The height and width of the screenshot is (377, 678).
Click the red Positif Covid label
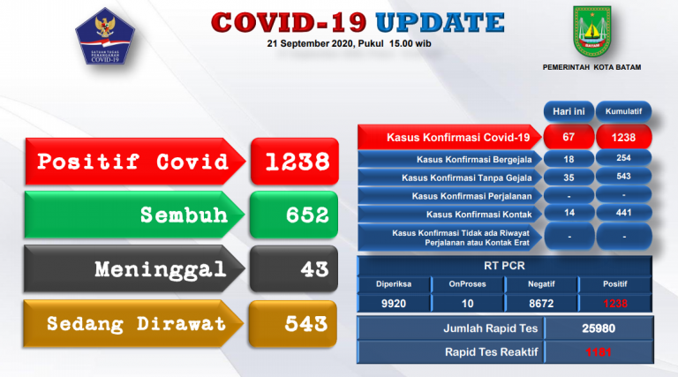(x=132, y=162)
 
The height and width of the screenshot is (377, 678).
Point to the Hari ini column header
(x=568, y=112)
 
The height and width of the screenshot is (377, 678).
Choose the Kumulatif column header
(x=624, y=112)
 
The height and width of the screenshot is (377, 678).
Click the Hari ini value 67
(x=568, y=137)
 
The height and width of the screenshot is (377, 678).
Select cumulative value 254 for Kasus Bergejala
(x=624, y=159)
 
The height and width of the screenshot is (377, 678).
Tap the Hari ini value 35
(x=568, y=177)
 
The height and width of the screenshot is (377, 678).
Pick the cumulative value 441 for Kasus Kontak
(x=624, y=214)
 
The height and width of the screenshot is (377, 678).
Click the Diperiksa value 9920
(x=394, y=302)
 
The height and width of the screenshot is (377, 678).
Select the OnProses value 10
(x=467, y=302)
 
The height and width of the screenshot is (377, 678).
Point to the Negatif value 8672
(x=540, y=302)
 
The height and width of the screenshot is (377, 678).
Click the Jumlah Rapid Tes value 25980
(x=599, y=328)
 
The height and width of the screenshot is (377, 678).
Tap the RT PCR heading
(x=504, y=263)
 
